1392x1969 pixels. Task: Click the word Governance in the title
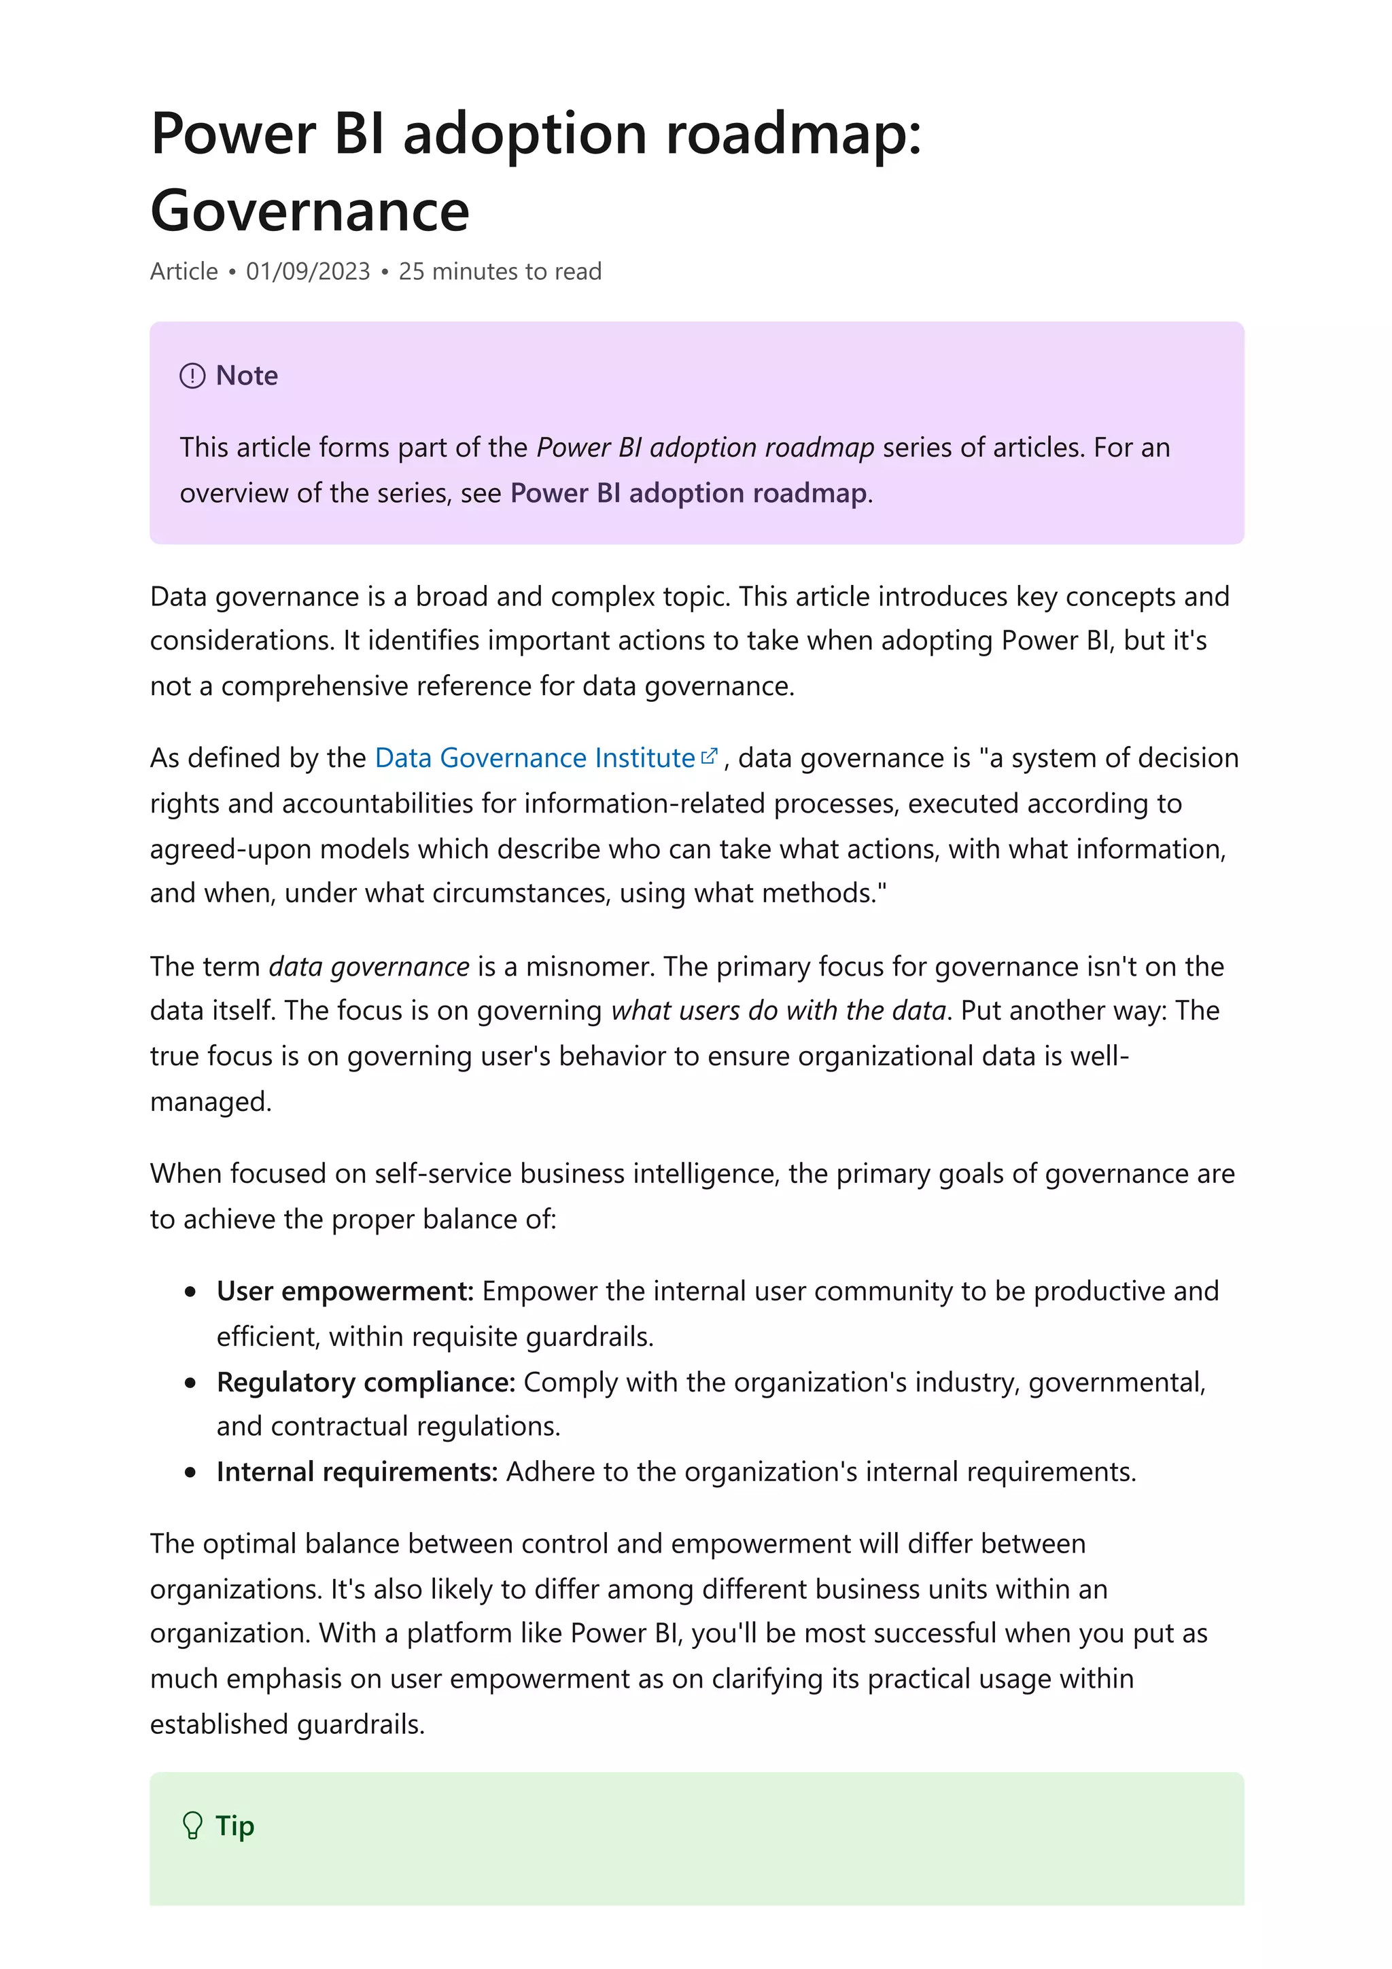tap(310, 211)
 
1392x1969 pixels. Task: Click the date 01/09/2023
tap(308, 271)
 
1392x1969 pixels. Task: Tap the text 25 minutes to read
tap(500, 271)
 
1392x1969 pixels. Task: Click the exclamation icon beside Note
tap(192, 376)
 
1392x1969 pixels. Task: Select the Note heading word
tap(247, 376)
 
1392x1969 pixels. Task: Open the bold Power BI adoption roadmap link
tap(689, 493)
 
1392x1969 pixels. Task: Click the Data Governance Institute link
tap(534, 758)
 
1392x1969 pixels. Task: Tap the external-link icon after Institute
tap(708, 756)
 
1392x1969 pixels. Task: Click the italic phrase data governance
tap(369, 966)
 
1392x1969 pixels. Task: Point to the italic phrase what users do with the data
tap(778, 1011)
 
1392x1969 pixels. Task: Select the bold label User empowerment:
tap(345, 1291)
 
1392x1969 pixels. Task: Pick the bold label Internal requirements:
tap(357, 1472)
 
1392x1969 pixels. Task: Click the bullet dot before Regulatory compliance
tap(190, 1383)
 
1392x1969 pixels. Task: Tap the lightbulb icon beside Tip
tap(193, 1826)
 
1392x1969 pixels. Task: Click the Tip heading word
tap(235, 1826)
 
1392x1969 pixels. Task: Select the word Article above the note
tap(184, 271)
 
